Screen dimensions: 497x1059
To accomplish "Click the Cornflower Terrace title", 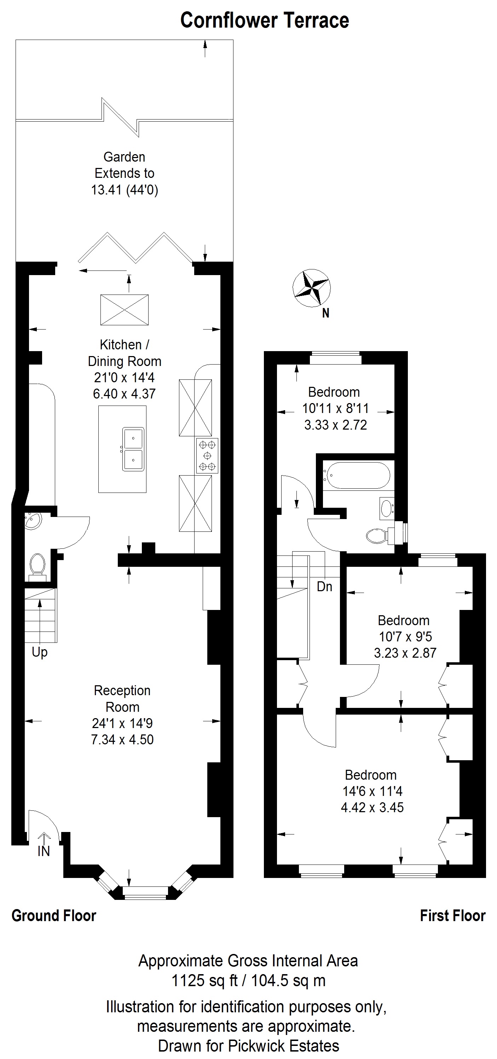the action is point(265,21).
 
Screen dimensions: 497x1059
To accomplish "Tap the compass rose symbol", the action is point(311,288).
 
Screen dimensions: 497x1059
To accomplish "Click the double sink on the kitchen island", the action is point(133,449).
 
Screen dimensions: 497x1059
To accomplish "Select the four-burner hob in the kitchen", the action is point(207,455).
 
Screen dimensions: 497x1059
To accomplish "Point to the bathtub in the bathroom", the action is point(356,475).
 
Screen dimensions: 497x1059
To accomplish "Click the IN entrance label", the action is point(44,851).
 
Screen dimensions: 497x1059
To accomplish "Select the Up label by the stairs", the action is point(40,652).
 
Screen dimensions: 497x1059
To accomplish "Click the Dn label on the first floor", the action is point(324,587).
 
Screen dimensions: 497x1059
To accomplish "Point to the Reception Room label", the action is point(122,698).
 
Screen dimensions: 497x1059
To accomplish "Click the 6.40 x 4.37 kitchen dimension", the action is point(124,394).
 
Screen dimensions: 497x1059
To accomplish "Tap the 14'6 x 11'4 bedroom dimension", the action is point(372,791).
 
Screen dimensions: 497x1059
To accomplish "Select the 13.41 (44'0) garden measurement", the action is point(124,190).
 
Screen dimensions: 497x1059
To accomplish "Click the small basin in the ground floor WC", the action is point(33,521).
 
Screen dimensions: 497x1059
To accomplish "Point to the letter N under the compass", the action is point(325,313).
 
